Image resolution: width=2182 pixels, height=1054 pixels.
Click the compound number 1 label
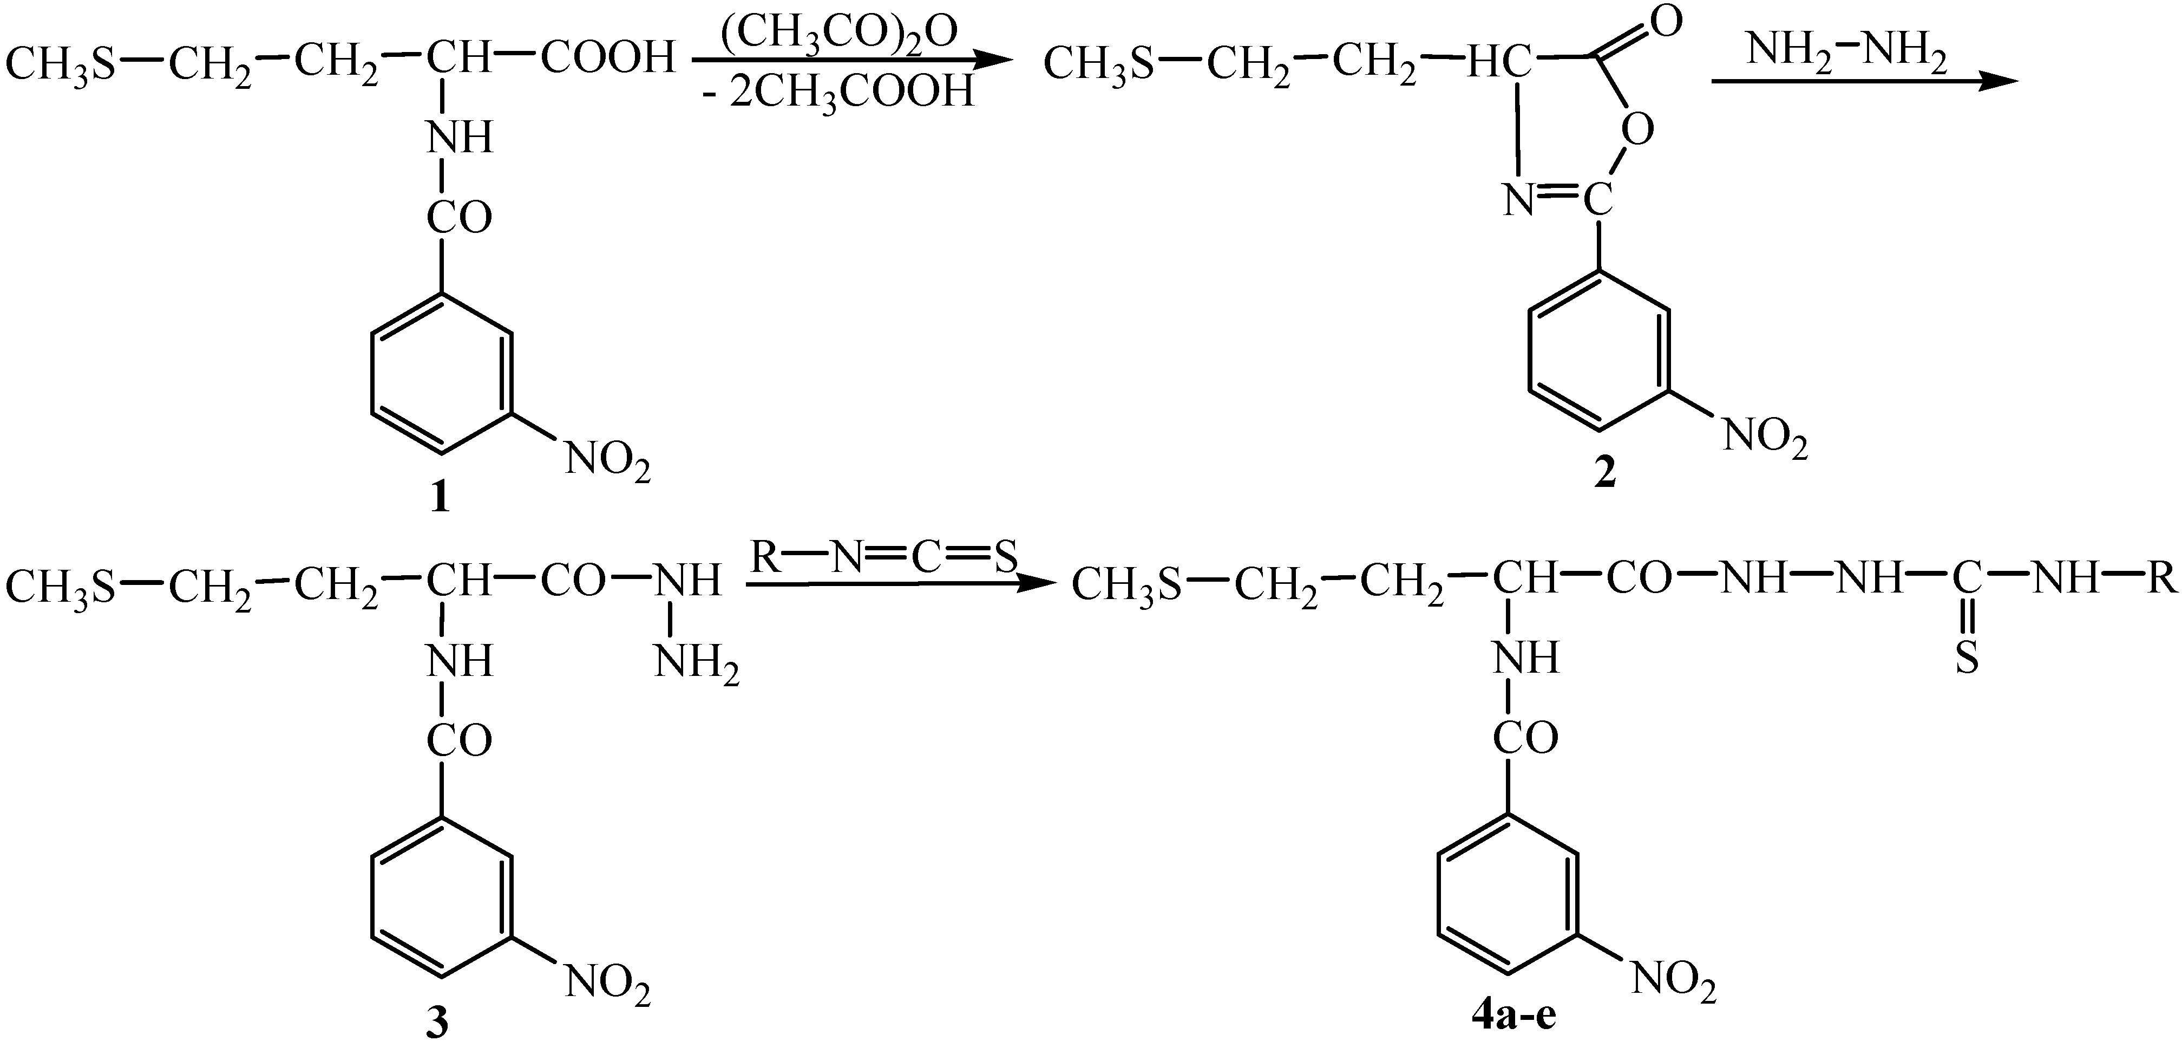point(440,499)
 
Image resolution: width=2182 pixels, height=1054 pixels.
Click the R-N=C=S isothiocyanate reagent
point(885,557)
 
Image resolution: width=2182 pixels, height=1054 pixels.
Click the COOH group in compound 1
point(608,60)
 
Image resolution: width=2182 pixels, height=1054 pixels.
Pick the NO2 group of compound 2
point(1765,438)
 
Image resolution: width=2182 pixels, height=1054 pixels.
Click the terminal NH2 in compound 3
point(696,662)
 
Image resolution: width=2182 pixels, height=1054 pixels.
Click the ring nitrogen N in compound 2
point(1519,201)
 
